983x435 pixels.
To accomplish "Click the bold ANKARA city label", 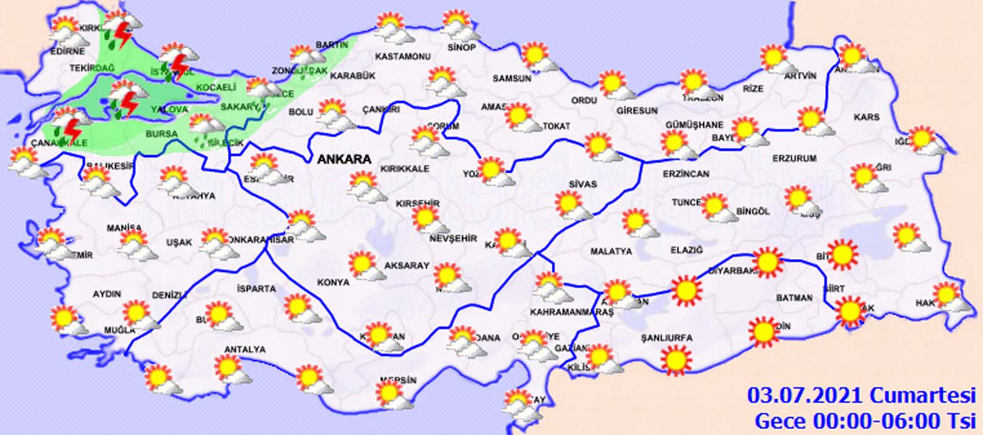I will pyautogui.click(x=344, y=159).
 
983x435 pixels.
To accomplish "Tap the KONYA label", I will pyautogui.click(x=333, y=282).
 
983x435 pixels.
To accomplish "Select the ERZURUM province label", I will pyautogui.click(x=794, y=158).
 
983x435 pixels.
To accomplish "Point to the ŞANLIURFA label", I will pyautogui.click(x=667, y=338).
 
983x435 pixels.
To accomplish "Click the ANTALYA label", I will pyautogui.click(x=245, y=350).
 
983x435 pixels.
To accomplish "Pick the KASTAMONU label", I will pyautogui.click(x=403, y=57).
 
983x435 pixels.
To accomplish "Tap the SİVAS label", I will pyautogui.click(x=582, y=184).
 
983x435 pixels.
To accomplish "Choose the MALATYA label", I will pyautogui.click(x=611, y=251).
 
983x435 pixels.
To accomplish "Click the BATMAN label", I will pyautogui.click(x=794, y=298).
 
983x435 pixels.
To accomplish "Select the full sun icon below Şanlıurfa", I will pyautogui.click(x=676, y=360).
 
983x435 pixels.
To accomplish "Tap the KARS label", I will pyautogui.click(x=866, y=117).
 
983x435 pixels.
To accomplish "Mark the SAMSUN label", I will pyautogui.click(x=512, y=79).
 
